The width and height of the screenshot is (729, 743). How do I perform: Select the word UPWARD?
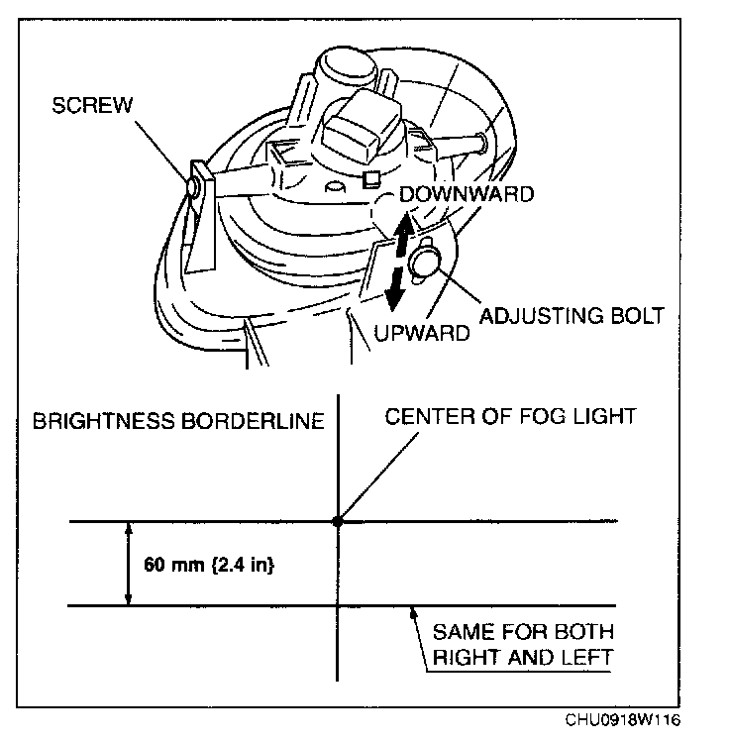[x=422, y=334]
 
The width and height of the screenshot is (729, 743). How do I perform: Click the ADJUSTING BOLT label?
[x=571, y=316]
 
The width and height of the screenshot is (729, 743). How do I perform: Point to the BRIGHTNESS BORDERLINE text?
[x=178, y=421]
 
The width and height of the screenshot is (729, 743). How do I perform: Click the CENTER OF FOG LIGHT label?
[x=509, y=416]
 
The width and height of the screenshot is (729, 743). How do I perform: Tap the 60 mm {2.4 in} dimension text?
[x=208, y=566]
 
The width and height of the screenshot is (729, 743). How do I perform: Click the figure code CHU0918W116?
[x=623, y=720]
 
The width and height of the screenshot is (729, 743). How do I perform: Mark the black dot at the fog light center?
[x=339, y=520]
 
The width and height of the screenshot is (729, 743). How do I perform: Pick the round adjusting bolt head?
[x=426, y=262]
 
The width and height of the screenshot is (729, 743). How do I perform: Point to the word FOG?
[x=533, y=416]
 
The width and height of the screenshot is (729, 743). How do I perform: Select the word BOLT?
[x=632, y=316]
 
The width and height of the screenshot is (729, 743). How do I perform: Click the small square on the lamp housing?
[x=372, y=178]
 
